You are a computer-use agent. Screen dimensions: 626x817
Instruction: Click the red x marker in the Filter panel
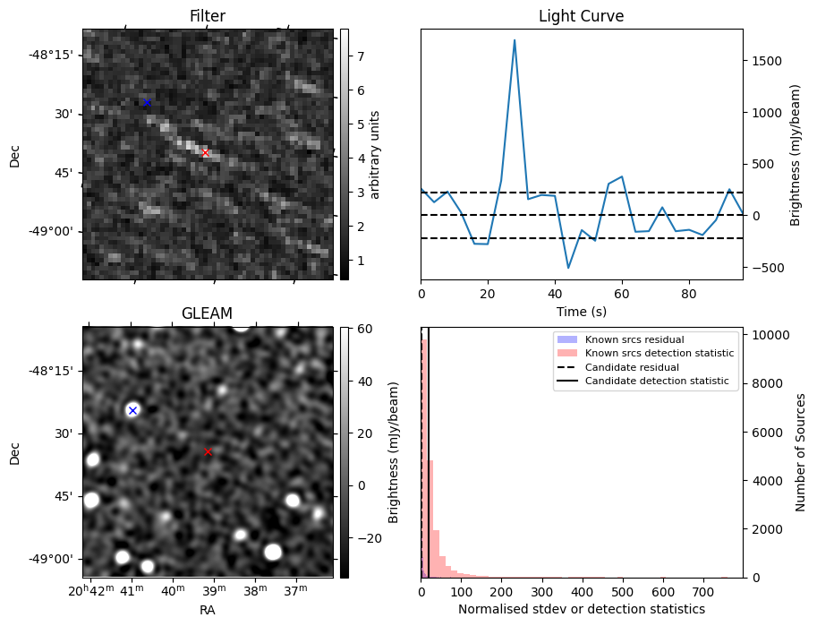click(205, 153)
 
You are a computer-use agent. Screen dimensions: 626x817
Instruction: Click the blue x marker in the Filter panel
click(147, 103)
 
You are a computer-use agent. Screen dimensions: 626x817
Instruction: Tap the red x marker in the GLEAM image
click(208, 452)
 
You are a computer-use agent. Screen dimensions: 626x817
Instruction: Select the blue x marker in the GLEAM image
click(132, 410)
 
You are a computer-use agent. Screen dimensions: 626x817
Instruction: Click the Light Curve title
click(581, 16)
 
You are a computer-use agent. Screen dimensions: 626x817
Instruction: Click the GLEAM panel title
click(207, 313)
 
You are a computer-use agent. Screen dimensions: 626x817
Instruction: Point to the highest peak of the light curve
click(515, 39)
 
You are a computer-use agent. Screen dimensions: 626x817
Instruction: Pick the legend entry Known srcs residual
click(634, 339)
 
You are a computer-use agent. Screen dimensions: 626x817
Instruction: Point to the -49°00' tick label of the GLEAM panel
click(56, 559)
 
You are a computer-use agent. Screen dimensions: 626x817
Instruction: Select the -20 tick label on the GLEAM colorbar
click(364, 537)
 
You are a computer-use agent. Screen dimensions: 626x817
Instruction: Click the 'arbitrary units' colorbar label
click(375, 154)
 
